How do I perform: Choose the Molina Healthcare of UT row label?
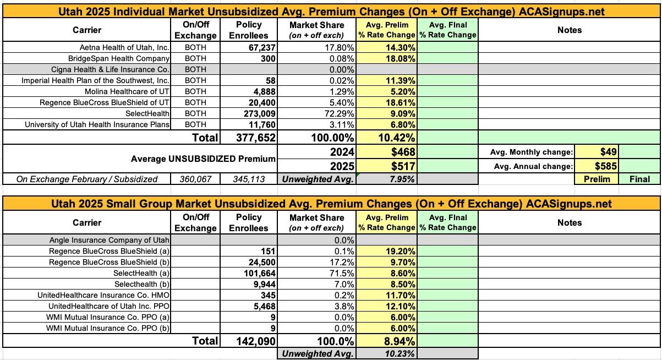click(x=127, y=91)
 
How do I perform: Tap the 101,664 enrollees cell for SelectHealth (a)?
click(x=256, y=273)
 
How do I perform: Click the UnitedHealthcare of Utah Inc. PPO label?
click(x=109, y=306)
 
